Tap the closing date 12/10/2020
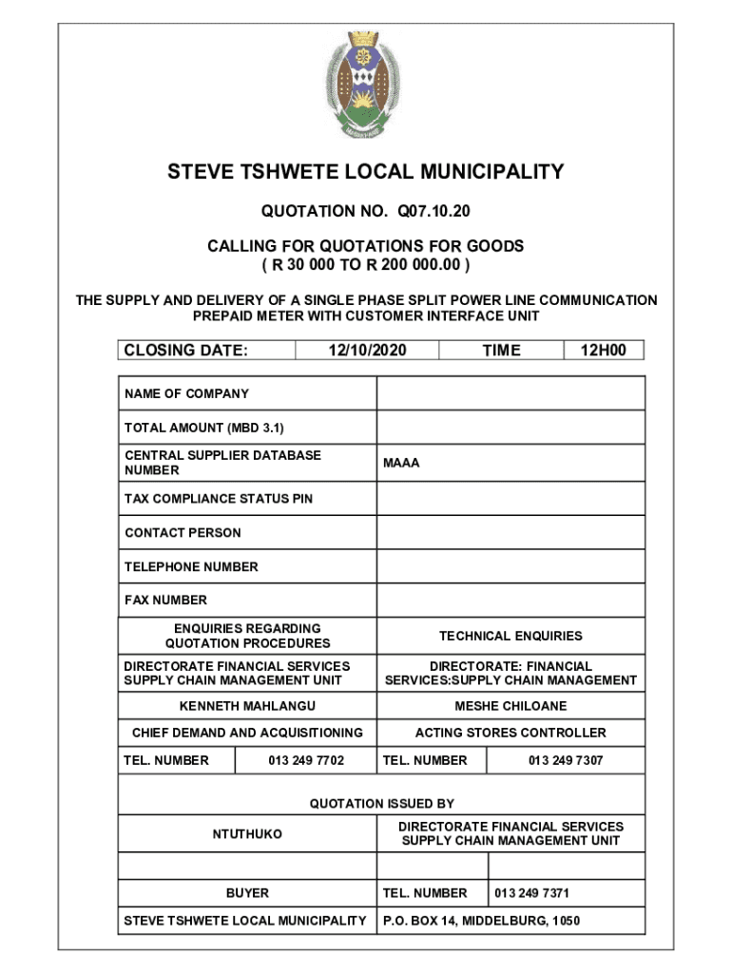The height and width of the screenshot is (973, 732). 367,351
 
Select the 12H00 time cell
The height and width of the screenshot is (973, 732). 604,351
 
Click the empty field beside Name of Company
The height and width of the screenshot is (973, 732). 510,393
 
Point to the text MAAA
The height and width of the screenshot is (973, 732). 401,464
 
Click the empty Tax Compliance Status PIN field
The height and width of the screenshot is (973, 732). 510,499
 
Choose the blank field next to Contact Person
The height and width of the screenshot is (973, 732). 510,533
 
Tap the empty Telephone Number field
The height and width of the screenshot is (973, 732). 510,567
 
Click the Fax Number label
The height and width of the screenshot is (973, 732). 165,601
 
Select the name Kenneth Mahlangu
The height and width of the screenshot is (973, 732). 247,706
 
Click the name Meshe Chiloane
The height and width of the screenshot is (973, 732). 510,706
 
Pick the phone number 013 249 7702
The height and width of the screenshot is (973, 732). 306,760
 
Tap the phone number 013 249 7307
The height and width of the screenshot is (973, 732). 566,760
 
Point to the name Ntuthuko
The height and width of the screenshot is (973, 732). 247,834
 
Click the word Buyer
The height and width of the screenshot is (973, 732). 247,893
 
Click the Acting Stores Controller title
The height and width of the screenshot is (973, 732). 510,733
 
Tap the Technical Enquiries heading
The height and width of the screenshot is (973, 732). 510,636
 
